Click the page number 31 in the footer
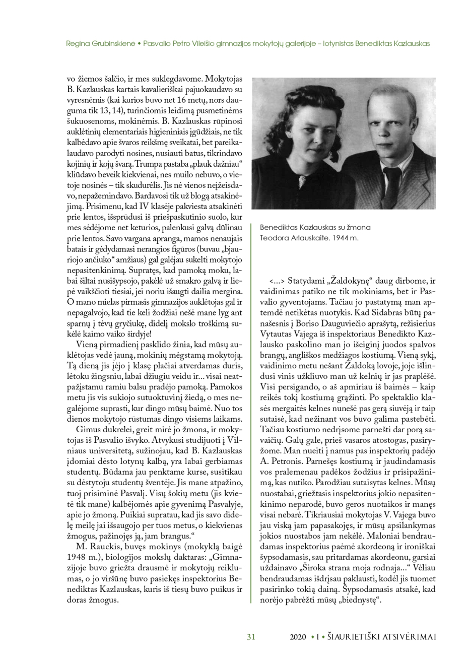(x=251, y=637)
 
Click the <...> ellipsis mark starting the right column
(x=278, y=280)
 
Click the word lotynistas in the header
(x=355, y=43)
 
